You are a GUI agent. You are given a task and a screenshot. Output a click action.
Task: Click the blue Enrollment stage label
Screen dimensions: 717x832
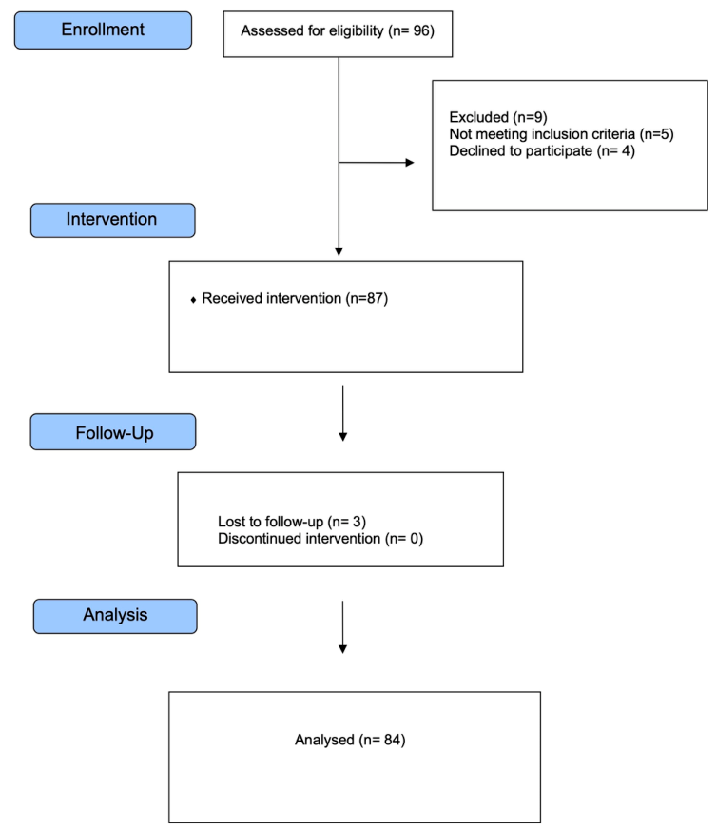point(103,30)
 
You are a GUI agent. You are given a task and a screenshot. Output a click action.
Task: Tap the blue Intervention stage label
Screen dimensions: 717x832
point(113,220)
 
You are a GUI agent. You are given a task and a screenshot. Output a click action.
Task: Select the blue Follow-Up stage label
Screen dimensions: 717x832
point(113,432)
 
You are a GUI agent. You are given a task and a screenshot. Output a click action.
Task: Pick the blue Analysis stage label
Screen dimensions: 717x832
point(115,616)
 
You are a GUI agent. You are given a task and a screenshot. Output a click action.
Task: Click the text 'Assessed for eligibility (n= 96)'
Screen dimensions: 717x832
point(338,31)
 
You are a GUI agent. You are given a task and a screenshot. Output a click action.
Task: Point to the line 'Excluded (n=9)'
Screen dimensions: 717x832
point(498,117)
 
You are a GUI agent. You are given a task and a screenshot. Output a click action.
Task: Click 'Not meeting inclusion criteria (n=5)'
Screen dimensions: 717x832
point(561,134)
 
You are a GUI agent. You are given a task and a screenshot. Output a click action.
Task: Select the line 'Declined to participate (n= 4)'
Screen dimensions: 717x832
point(542,151)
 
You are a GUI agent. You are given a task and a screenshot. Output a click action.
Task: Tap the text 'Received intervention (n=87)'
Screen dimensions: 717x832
point(295,299)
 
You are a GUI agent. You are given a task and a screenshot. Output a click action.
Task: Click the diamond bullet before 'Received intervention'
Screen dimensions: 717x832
point(193,300)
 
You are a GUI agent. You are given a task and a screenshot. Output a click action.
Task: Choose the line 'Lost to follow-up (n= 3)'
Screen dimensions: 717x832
point(292,522)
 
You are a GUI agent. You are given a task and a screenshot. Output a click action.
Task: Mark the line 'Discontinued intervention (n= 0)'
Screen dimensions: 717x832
point(320,539)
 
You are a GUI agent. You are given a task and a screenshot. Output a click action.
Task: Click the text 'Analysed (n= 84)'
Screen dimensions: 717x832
point(350,740)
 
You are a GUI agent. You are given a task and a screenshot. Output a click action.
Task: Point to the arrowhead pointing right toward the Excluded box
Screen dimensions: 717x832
point(410,163)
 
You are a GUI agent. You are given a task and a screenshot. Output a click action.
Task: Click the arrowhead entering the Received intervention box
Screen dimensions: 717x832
point(339,251)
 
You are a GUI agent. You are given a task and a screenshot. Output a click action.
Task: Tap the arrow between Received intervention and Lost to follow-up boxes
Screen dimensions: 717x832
point(343,413)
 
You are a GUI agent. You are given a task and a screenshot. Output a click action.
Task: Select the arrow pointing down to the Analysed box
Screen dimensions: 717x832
point(343,626)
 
